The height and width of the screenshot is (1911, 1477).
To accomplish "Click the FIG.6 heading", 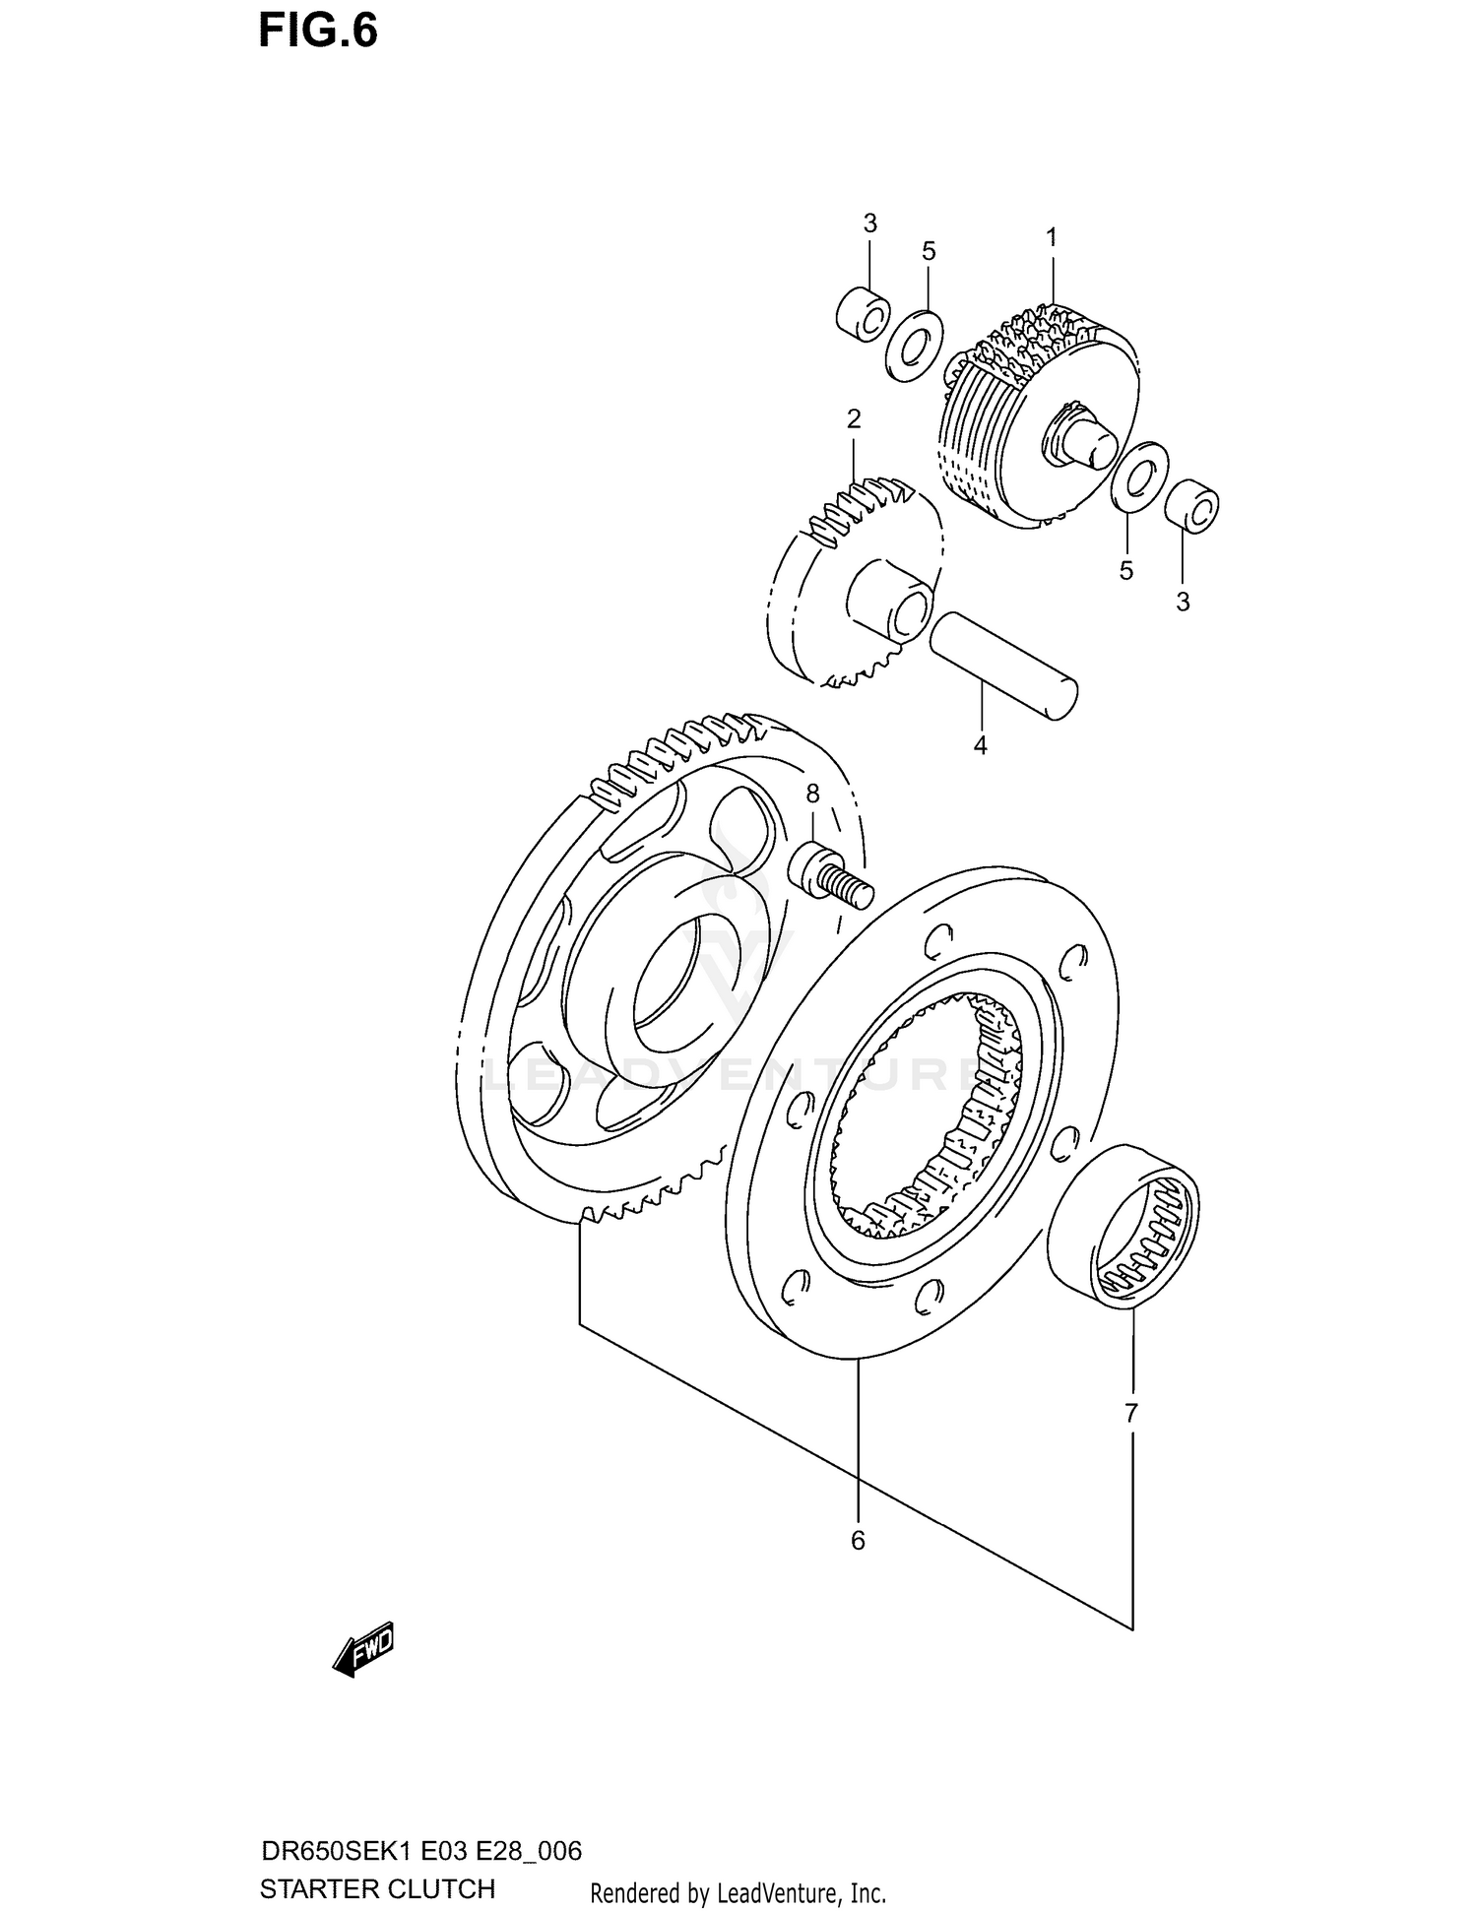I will point(317,32).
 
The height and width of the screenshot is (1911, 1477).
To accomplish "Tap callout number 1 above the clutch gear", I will point(1051,237).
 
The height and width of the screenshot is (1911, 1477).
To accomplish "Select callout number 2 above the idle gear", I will point(854,419).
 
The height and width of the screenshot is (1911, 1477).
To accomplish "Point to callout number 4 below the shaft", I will point(980,746).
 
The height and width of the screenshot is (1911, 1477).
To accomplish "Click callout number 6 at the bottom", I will point(858,1541).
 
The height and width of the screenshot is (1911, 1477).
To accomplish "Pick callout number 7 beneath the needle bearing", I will point(1130,1414).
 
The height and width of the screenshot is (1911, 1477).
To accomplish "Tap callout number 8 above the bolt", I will point(812,794).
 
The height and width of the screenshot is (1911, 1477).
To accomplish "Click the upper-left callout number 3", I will point(869,224).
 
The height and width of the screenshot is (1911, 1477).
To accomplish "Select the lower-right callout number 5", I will point(1126,571).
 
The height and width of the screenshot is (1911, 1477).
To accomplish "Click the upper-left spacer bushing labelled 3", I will point(863,315).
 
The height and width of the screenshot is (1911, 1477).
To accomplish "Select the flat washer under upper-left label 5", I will point(914,346).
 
